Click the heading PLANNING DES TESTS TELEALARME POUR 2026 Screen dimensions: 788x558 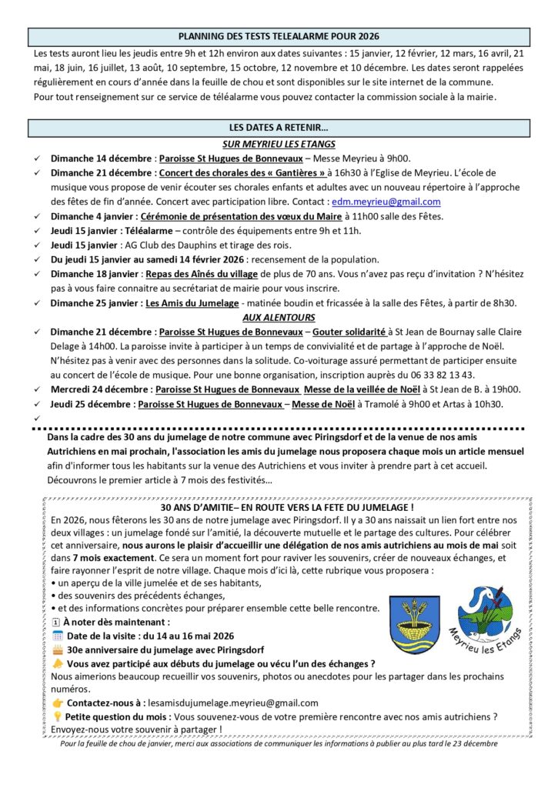coord(279,36)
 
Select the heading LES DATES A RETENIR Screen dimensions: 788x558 coord(279,127)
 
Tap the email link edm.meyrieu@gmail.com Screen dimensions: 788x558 coord(386,202)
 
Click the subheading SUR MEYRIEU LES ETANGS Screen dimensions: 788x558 coord(279,144)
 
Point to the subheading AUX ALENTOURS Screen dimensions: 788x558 coord(279,317)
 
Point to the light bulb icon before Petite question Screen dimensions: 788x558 coord(57,716)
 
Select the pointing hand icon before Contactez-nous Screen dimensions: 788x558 coord(57,702)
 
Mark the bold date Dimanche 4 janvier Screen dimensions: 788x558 coord(93,216)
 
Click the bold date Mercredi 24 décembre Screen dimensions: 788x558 coord(97,389)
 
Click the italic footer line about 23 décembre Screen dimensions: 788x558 coord(279,743)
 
